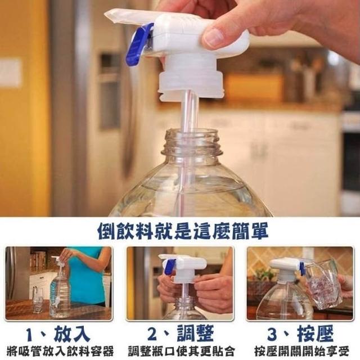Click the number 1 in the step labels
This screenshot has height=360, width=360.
[x=31, y=335]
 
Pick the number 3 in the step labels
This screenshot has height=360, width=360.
[x=273, y=335]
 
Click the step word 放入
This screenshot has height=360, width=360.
[x=71, y=334]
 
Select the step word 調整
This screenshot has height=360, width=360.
[x=195, y=334]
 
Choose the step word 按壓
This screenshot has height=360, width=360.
[x=316, y=334]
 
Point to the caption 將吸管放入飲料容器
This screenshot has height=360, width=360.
[x=60, y=352]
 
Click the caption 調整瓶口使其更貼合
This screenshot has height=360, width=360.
[x=181, y=352]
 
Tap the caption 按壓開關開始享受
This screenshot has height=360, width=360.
[x=301, y=352]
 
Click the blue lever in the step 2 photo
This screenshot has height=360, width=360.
[x=169, y=268]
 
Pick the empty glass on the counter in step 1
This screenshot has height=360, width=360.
[x=38, y=300]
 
